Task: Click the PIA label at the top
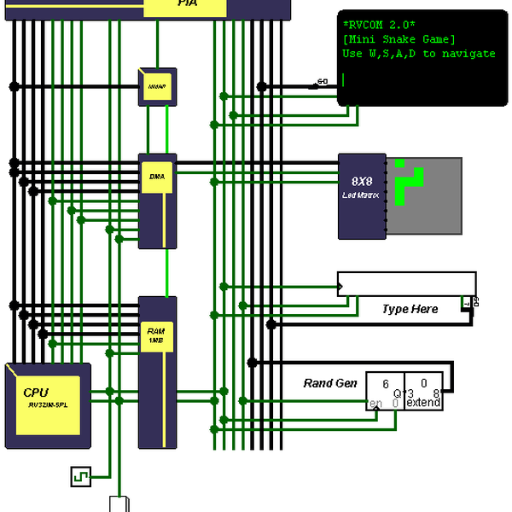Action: tap(188, 4)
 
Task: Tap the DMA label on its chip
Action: tap(157, 177)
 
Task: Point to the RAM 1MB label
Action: tap(155, 335)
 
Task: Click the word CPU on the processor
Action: tap(36, 392)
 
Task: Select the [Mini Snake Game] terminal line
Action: tap(399, 39)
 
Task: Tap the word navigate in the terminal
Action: tap(468, 54)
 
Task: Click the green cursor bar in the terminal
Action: tap(343, 79)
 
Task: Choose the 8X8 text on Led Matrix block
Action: tap(363, 182)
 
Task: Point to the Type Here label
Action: tap(410, 309)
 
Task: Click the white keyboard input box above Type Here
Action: tap(406, 283)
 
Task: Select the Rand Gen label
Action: tap(330, 383)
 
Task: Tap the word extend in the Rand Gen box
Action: tap(422, 403)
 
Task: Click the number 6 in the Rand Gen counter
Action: tap(386, 384)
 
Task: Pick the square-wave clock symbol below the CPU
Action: tap(80, 475)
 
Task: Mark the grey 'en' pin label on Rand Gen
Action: tap(375, 403)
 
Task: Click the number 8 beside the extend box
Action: tap(436, 393)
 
